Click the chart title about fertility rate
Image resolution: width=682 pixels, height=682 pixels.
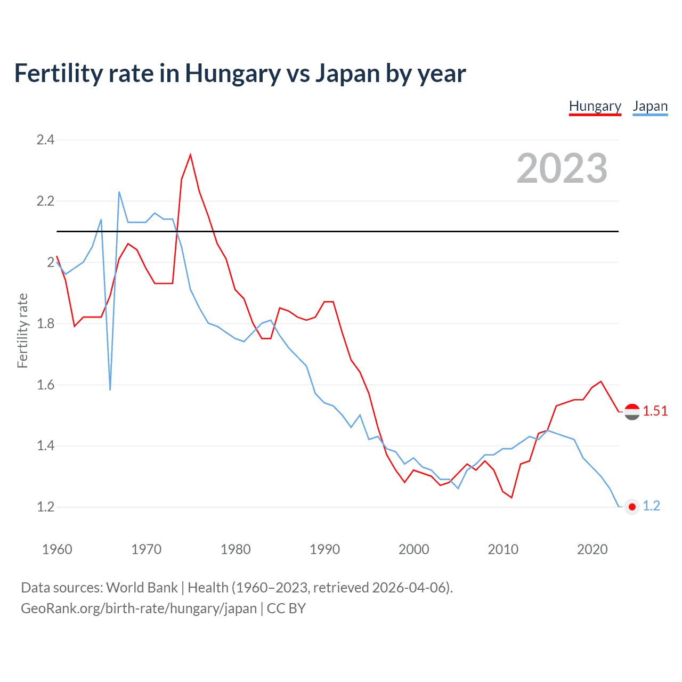pos(240,73)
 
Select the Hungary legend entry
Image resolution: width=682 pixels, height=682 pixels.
pos(595,107)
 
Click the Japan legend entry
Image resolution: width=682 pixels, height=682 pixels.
pos(650,107)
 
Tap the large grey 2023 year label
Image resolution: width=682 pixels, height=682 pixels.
pos(562,168)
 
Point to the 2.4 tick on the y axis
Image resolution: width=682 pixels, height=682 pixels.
pos(45,140)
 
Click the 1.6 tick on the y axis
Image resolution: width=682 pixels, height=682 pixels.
pos(45,385)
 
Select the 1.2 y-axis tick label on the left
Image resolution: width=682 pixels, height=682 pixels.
pos(45,507)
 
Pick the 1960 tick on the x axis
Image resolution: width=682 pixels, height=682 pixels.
pos(57,549)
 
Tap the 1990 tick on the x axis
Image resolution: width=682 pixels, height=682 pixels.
pos(324,549)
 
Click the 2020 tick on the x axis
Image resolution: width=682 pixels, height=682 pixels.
pos(592,549)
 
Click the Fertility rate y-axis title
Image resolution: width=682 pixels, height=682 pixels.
pos(22,330)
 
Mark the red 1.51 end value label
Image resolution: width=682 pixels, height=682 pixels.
pos(655,411)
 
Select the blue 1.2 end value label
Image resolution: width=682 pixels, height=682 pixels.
pos(651,506)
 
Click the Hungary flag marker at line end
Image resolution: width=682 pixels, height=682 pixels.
pos(632,412)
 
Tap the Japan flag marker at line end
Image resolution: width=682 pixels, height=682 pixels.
pos(632,507)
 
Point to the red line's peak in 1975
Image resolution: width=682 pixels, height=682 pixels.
pos(190,155)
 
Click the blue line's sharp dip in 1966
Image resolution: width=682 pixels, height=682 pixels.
pos(110,389)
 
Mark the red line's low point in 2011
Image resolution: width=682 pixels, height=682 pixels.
pos(511,497)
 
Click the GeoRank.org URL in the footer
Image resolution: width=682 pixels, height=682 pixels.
pos(139,608)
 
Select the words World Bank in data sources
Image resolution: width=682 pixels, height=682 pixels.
pos(142,588)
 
